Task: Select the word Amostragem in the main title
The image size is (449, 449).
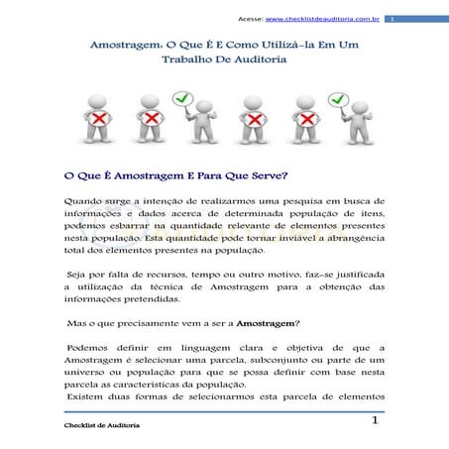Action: pyautogui.click(x=123, y=45)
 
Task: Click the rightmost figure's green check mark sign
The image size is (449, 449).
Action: pyautogui.click(x=339, y=100)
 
